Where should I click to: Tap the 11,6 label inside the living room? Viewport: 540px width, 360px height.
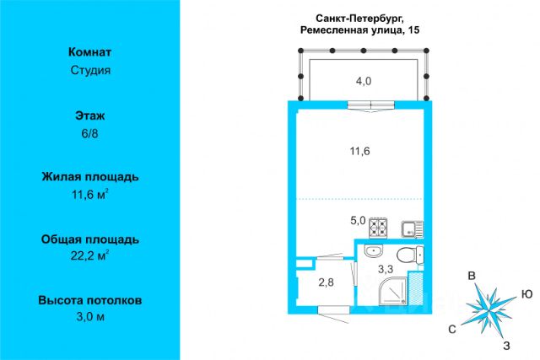[x=361, y=152]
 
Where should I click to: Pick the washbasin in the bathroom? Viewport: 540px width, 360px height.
[x=373, y=255]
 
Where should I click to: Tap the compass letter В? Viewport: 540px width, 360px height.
[x=475, y=277]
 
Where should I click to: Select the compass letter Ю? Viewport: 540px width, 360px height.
[x=527, y=293]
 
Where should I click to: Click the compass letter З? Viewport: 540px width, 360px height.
[x=505, y=345]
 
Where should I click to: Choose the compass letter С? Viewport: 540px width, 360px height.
[x=453, y=329]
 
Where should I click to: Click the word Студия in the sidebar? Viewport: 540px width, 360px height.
[x=90, y=70]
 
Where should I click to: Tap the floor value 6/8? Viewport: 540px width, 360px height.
[x=90, y=132]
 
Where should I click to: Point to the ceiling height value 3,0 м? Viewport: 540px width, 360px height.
[x=90, y=317]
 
